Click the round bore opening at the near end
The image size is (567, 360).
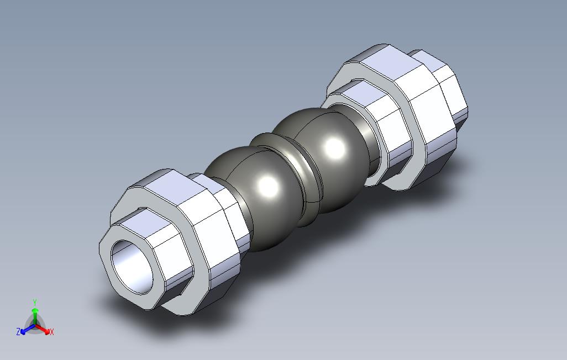click(x=132, y=267)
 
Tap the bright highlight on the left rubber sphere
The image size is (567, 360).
click(x=269, y=186)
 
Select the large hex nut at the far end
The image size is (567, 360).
click(x=398, y=115)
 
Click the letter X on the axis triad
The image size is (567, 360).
click(x=52, y=331)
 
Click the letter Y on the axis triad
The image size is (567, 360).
click(x=35, y=302)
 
